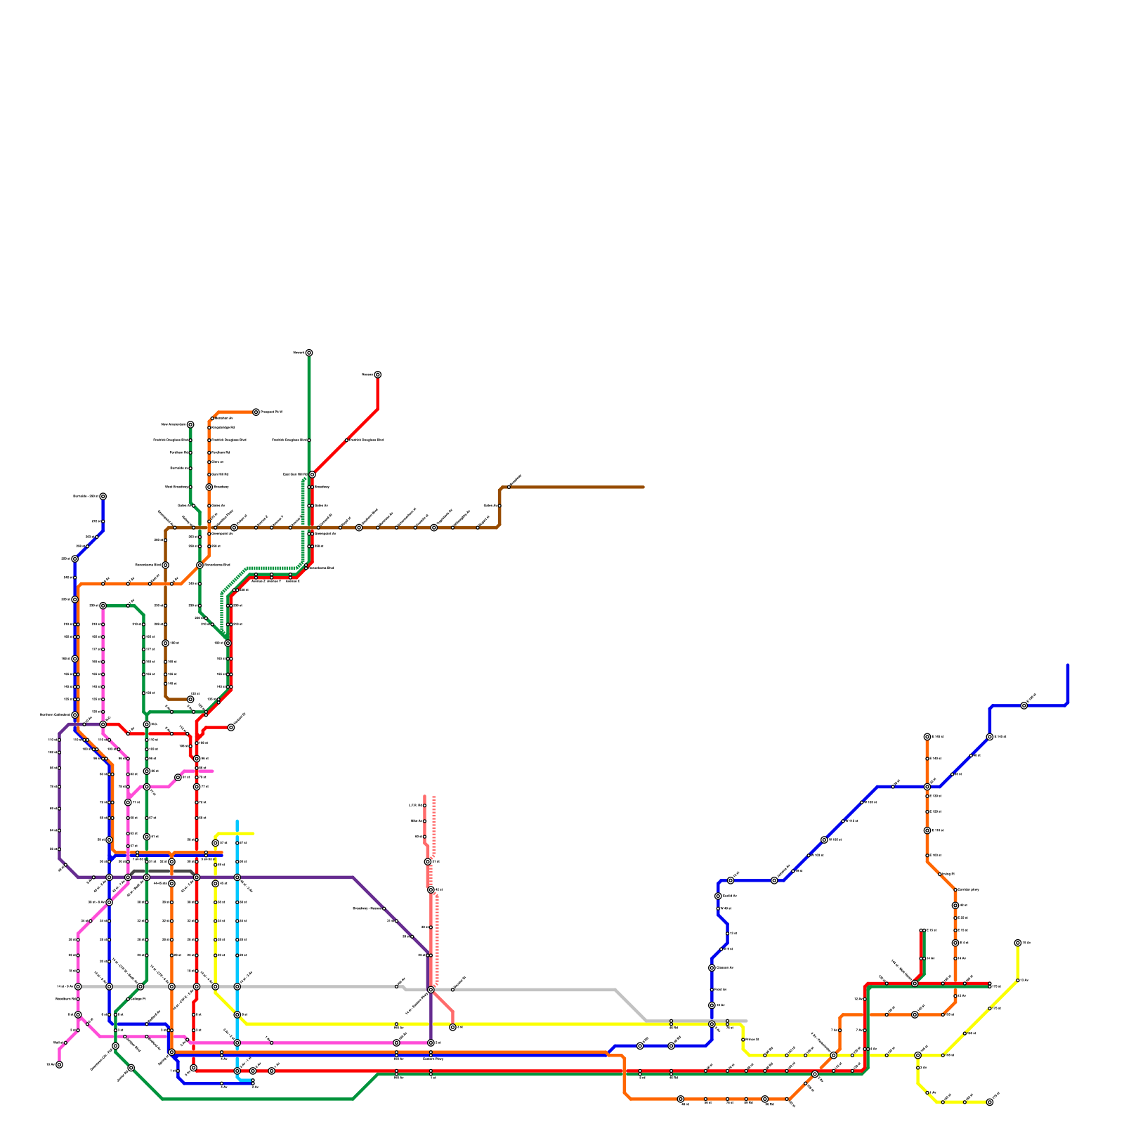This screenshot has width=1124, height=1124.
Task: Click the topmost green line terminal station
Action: click(309, 353)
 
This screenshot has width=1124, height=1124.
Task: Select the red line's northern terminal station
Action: click(377, 374)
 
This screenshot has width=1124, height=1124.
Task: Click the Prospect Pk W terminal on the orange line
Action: click(256, 412)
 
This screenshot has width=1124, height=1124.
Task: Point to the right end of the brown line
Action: click(643, 487)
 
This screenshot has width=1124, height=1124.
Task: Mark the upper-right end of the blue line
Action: click(1067, 665)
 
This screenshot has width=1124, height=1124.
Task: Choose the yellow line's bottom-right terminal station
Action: click(989, 1102)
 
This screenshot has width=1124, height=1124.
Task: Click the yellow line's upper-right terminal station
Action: click(1017, 943)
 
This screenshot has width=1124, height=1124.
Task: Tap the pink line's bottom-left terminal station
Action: click(59, 1064)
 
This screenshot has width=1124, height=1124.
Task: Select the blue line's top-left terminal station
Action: click(103, 496)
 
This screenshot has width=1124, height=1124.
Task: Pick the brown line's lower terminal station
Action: click(190, 699)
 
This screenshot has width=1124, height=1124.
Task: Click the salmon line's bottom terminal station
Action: click(452, 1027)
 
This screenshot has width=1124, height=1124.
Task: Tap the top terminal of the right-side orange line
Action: click(927, 737)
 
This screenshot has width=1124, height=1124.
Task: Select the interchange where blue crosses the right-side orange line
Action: click(927, 787)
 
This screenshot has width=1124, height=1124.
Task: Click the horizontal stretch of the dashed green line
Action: click(274, 568)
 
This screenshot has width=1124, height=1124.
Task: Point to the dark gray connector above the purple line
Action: click(162, 871)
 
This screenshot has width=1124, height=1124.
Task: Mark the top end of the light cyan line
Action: click(237, 821)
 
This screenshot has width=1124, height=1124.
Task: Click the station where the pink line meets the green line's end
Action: click(103, 605)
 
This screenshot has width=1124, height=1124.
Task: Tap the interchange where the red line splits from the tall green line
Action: click(312, 475)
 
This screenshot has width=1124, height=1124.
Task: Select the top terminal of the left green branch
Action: click(190, 424)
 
